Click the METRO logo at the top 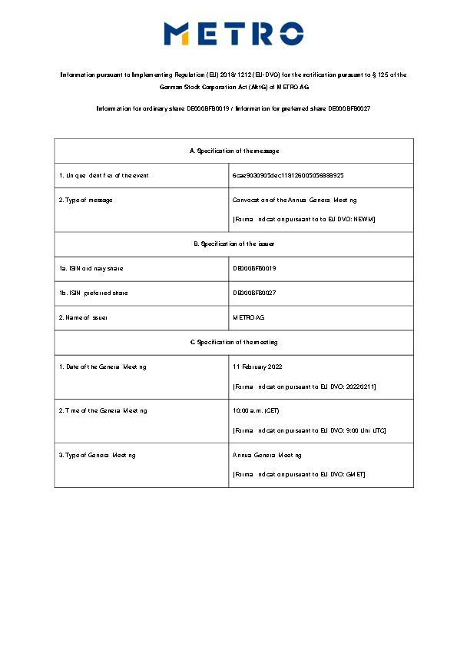point(233,34)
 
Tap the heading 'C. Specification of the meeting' point(233,342)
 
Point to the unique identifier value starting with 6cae point(288,176)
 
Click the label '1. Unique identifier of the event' point(104,176)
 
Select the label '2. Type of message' point(86,201)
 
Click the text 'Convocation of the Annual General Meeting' point(295,201)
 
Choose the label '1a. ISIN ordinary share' point(91,268)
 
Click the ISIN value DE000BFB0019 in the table point(254,268)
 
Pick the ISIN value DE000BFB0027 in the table point(254,293)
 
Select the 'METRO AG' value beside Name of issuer point(249,317)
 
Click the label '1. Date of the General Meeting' point(103,367)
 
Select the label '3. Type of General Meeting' point(98,455)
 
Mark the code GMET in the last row point(355,474)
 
